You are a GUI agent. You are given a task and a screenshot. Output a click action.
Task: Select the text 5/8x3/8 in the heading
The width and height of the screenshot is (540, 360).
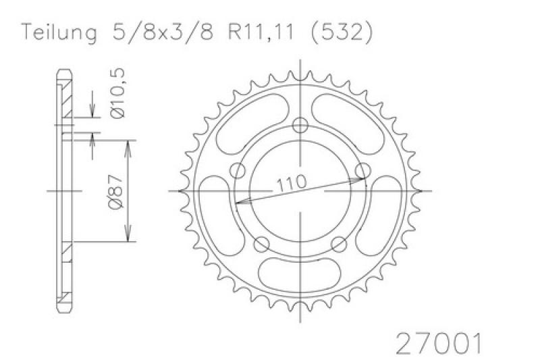coord(163,32)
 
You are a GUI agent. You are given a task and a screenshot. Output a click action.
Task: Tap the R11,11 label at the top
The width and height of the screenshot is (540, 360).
coord(261,32)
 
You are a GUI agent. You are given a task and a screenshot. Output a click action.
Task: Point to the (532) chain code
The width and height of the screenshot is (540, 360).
coord(342,33)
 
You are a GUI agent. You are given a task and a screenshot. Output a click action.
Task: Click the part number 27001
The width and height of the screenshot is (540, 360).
coord(438,343)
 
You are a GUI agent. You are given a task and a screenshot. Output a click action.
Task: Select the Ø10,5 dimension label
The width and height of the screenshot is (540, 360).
coord(117,94)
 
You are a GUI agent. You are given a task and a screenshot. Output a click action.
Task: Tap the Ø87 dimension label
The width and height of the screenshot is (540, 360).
coord(115,192)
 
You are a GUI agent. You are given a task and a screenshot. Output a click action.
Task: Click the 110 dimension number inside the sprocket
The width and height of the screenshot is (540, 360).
coord(292,184)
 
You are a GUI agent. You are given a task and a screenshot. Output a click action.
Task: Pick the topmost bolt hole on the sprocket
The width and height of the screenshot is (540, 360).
coord(300,126)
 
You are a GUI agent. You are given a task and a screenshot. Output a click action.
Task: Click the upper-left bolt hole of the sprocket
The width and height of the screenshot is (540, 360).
coord(238,171)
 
